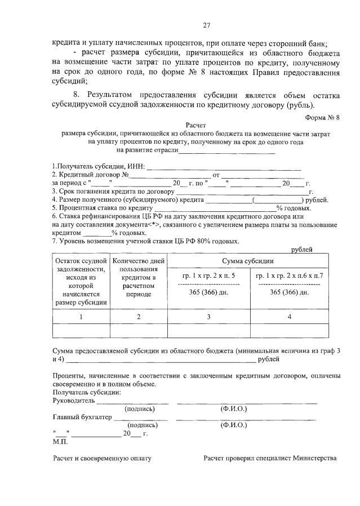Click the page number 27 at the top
pyautogui.click(x=206, y=24)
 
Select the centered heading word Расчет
pyautogui.click(x=196, y=126)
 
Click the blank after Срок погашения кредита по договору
pyautogui.click(x=242, y=192)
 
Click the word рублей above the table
pyautogui.click(x=302, y=249)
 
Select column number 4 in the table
pyautogui.click(x=289, y=317)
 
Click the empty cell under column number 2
pyautogui.click(x=139, y=330)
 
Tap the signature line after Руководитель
pyautogui.click(x=132, y=402)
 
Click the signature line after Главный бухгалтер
pyautogui.click(x=141, y=418)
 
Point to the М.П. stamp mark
pyautogui.click(x=60, y=442)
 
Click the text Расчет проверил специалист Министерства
pyautogui.click(x=270, y=458)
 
